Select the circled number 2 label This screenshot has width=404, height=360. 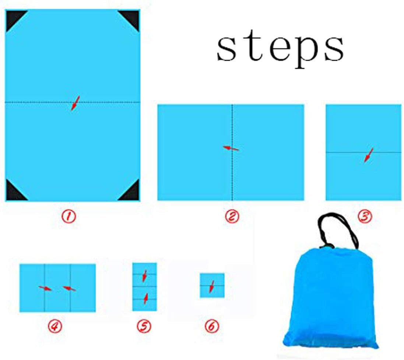click(x=232, y=216)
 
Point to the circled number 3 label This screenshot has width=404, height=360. click(x=365, y=216)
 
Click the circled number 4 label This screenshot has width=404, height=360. click(x=55, y=326)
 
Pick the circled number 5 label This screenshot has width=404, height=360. click(x=144, y=326)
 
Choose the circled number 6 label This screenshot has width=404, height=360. click(x=212, y=326)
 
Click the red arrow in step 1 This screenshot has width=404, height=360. click(x=75, y=103)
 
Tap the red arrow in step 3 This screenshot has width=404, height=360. click(x=368, y=155)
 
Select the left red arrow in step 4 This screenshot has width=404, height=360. click(x=45, y=288)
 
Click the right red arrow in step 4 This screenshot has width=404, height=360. click(x=69, y=289)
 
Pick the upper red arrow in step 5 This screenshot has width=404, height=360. click(x=144, y=276)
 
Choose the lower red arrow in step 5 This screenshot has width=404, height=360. click(x=146, y=299)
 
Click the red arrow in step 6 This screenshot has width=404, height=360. click(x=212, y=286)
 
